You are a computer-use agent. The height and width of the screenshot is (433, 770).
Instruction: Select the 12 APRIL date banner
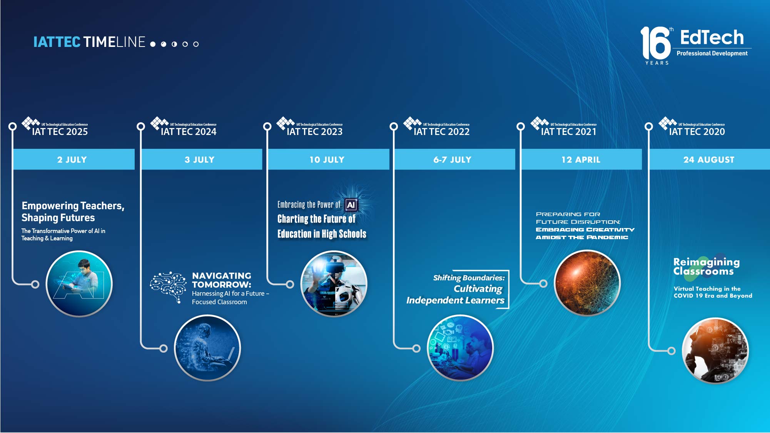[581, 159]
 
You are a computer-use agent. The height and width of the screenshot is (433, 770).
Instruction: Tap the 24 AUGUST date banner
[709, 159]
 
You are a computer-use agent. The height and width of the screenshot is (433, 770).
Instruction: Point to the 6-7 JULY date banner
[453, 159]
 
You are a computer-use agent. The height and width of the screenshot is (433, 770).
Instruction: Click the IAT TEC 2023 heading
[314, 132]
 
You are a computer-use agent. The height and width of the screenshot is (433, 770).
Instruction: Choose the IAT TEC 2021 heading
[568, 132]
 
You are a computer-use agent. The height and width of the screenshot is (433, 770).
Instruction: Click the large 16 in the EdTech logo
[655, 43]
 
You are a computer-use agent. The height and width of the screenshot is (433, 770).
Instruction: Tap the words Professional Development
[712, 53]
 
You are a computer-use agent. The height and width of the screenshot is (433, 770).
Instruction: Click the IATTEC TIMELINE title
[89, 42]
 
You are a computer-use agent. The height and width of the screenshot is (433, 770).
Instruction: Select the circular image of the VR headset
[334, 284]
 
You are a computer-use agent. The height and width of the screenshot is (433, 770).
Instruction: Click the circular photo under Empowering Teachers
[79, 284]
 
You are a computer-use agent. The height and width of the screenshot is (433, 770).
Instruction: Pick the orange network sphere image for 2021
[587, 283]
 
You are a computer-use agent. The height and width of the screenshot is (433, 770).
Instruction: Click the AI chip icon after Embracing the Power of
[351, 205]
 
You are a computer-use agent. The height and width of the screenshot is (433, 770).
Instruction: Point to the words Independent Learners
[455, 300]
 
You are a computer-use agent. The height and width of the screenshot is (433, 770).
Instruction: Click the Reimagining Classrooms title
[706, 266]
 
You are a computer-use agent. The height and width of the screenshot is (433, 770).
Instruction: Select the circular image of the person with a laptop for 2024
[207, 348]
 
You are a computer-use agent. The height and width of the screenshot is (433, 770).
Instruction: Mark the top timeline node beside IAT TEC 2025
[13, 126]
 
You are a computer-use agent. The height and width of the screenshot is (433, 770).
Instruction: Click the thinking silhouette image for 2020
[715, 351]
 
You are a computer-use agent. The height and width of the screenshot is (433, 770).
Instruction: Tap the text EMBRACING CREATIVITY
[585, 230]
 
